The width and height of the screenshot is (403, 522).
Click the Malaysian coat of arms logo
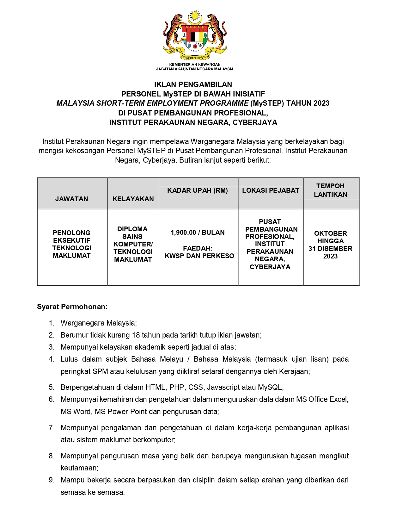pos(195,35)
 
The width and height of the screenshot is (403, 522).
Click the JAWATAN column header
pos(72,199)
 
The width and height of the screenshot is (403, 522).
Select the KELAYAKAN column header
pos(133,199)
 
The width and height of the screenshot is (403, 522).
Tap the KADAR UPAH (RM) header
pos(198,190)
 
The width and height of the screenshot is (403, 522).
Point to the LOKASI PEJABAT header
pos(271,190)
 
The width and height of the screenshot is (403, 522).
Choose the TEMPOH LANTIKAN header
pos(330,190)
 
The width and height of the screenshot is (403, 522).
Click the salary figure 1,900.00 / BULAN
pos(198,233)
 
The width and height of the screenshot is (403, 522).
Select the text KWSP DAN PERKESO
pos(199,256)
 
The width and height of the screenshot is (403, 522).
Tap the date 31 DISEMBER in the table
pos(330,249)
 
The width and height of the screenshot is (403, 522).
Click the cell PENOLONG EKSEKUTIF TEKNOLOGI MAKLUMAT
pos(72,244)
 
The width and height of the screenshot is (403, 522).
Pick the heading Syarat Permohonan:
pos(72,307)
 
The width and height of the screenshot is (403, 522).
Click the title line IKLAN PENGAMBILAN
pos(193,84)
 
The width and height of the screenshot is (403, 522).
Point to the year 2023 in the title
pos(321,103)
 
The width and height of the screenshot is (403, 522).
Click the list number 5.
pos(52,387)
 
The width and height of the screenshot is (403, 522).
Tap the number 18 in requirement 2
pos(136,335)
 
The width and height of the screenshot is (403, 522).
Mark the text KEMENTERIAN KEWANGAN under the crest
pos(195,64)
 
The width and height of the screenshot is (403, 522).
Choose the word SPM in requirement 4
pos(100,371)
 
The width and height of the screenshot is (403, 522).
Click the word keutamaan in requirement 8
pos(79,468)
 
